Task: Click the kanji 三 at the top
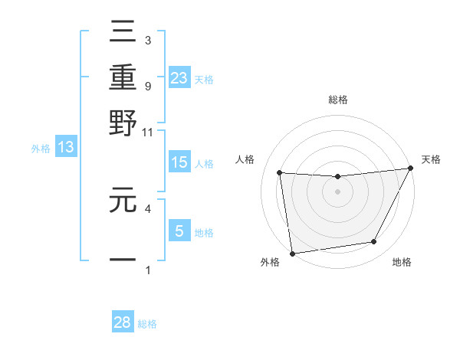click(123, 32)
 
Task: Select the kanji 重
click(123, 77)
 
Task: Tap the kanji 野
click(123, 123)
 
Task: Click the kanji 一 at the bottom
click(123, 260)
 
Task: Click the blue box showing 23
click(179, 77)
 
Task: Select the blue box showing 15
click(179, 163)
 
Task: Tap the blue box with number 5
click(179, 231)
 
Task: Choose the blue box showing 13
click(65, 148)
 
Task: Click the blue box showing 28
click(123, 322)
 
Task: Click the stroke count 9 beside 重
click(147, 87)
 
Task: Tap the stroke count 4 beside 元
click(147, 208)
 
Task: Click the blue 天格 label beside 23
click(204, 79)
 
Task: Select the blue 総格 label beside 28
click(147, 324)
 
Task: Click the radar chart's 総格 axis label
click(337, 100)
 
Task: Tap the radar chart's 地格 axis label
click(402, 263)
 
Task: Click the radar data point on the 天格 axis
click(410, 169)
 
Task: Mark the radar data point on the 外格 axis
click(292, 253)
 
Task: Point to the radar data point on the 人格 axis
click(280, 172)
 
